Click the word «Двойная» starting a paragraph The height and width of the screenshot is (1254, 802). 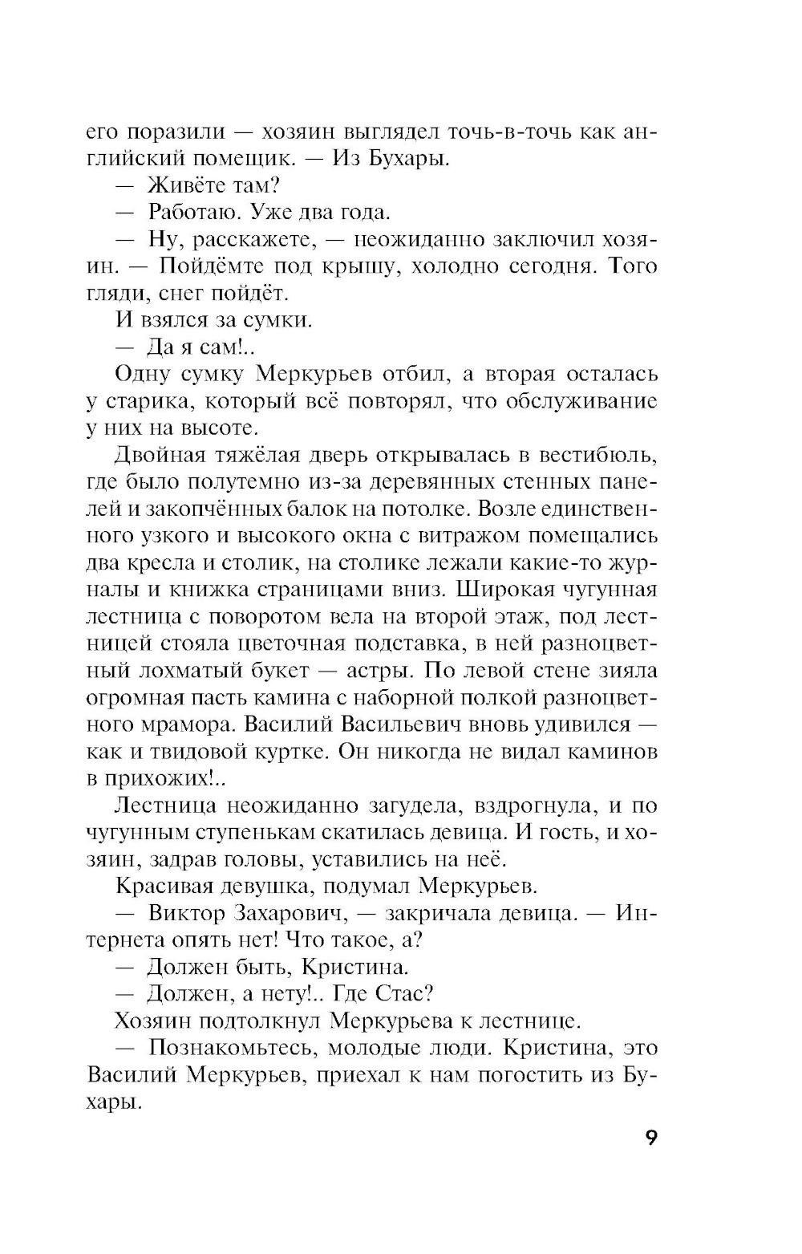pyautogui.click(x=160, y=455)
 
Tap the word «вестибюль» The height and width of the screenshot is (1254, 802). pyautogui.click(x=596, y=455)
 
